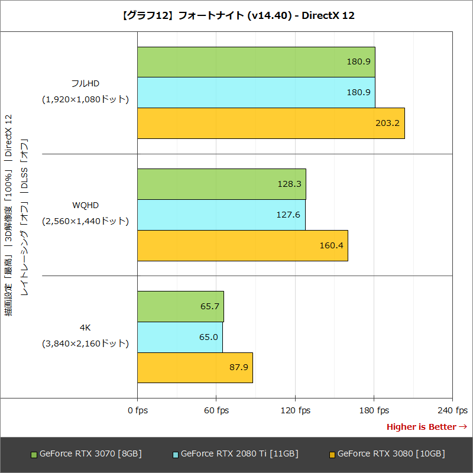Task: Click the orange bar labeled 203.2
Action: coord(271,123)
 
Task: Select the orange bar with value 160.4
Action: coord(242,245)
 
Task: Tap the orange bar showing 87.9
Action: coord(195,368)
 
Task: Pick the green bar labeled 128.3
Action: coord(222,184)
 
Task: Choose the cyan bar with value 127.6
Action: coord(221,215)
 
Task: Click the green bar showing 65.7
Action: coord(180,306)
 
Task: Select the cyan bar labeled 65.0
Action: coord(180,337)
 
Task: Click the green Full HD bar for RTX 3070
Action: coord(256,62)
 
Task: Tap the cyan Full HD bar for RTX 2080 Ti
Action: coord(256,92)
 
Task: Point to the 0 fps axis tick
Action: coord(138,410)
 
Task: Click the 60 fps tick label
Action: coord(216,410)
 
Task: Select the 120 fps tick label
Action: coord(295,410)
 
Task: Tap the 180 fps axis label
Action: coord(374,410)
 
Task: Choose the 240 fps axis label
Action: coord(452,410)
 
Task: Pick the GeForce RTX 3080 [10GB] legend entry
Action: coord(387,453)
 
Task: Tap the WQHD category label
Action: coord(85,205)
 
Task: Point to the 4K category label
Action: coord(85,328)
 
